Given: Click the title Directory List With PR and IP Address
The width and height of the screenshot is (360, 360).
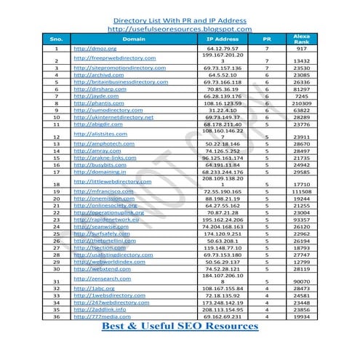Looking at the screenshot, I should tap(180, 20).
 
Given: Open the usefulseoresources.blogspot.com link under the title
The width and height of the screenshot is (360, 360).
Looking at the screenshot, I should tap(180, 28).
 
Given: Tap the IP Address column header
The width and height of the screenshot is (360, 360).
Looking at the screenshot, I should tap(223, 38).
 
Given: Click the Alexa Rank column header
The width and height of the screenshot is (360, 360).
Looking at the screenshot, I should tap(301, 38).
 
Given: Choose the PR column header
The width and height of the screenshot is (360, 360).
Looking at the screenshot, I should tap(267, 38).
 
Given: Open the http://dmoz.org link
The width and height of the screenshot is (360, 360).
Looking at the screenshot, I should tap(91, 48).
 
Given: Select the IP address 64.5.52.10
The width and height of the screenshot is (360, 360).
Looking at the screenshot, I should tap(223, 74).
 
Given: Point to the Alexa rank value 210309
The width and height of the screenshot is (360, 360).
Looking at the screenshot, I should tap(300, 103).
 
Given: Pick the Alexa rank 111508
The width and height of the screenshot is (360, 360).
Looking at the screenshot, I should tap(300, 191).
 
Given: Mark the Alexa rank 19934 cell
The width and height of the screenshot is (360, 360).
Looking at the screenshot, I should tap(300, 316).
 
